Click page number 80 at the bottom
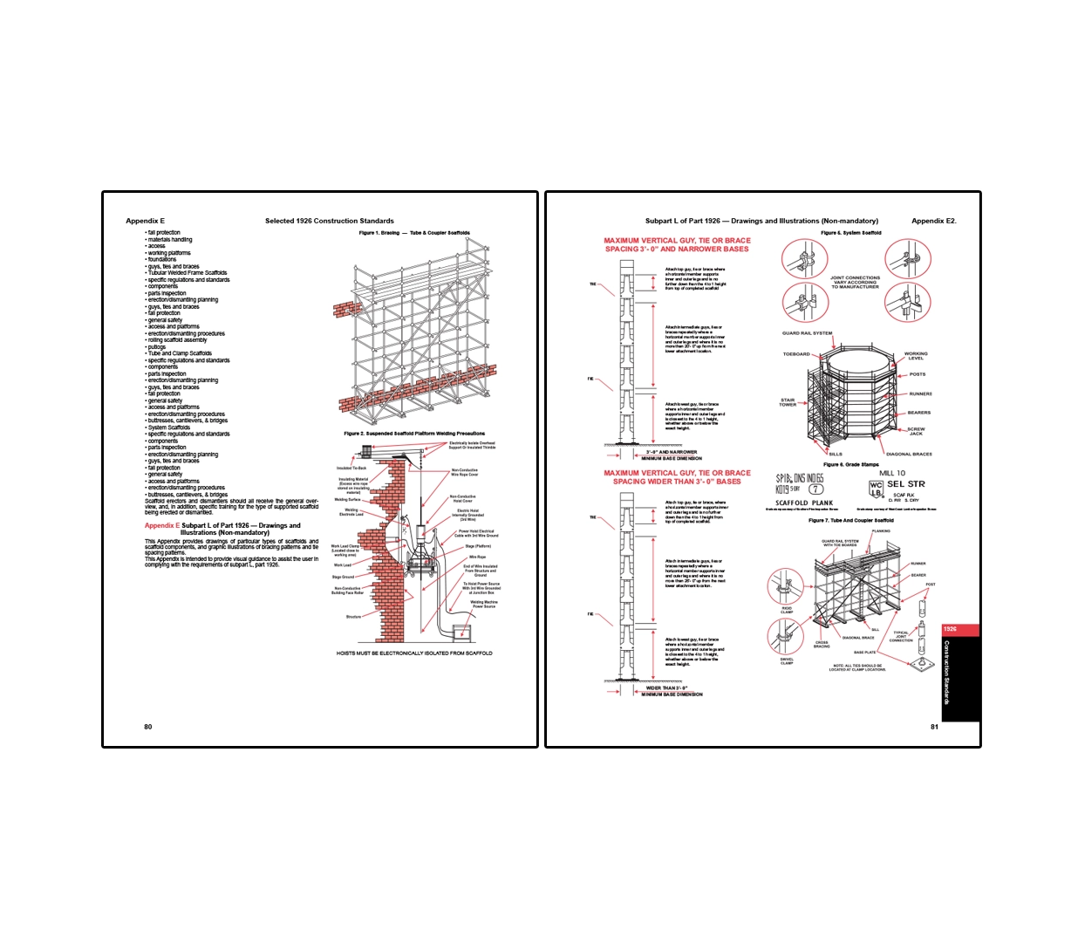[x=147, y=727]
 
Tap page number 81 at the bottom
[x=934, y=727]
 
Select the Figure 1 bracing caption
[x=414, y=233]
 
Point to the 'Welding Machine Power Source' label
[x=484, y=604]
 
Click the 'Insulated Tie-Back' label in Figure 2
[x=351, y=468]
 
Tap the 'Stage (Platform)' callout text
[x=478, y=546]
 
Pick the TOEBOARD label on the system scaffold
[x=795, y=354]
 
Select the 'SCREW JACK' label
[x=916, y=431]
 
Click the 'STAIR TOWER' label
[x=788, y=402]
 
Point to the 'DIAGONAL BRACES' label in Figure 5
[x=909, y=454]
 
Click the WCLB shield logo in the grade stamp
[x=876, y=488]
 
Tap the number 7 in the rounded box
[x=815, y=489]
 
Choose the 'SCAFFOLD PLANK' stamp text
[x=804, y=503]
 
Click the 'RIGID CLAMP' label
[x=787, y=610]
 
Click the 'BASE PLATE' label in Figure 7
[x=864, y=652]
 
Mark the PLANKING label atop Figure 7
[x=881, y=530]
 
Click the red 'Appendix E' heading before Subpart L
[x=161, y=525]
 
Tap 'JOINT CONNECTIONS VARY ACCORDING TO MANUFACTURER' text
[x=855, y=282]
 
